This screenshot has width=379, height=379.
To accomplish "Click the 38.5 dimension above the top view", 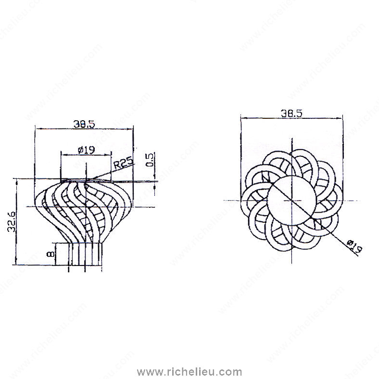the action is [x=291, y=113].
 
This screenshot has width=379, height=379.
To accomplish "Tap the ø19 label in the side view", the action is [x=86, y=150].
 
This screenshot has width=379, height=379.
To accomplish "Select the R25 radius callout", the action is [x=123, y=163].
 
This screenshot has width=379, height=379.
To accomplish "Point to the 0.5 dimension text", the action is [x=150, y=160].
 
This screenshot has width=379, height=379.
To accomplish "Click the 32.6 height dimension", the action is [x=11, y=222].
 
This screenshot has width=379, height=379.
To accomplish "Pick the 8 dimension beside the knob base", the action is [x=51, y=254].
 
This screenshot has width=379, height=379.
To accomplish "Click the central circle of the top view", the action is [x=292, y=201].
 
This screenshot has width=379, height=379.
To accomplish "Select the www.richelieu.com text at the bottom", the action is [x=189, y=372].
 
